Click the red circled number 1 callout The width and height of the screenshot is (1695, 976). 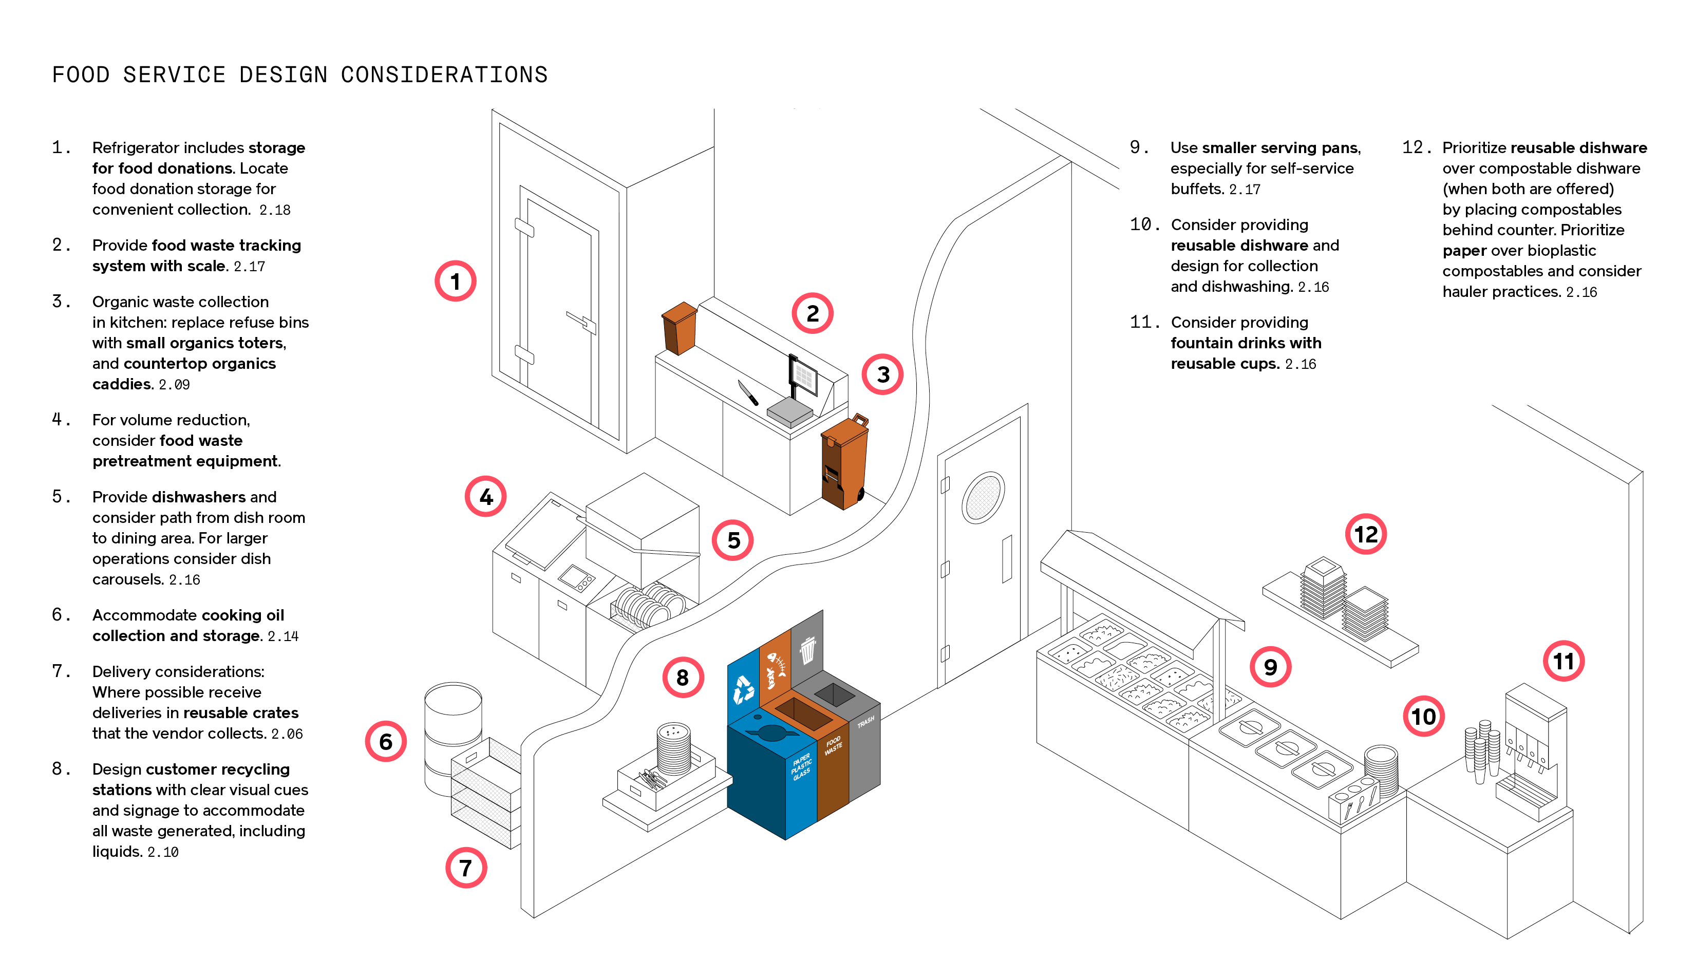455,281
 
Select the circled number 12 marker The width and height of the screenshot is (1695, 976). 1365,534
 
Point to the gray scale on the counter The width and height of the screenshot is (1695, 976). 789,411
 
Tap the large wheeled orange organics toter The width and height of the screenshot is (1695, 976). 844,462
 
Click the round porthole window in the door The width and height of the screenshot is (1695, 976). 983,497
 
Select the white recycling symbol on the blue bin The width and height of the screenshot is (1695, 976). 743,689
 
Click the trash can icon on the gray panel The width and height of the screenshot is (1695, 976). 807,649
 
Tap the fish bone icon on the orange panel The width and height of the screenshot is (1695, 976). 776,668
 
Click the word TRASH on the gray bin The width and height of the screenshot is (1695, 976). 865,722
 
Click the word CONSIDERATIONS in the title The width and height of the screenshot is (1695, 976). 444,75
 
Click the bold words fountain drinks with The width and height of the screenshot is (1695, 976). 1245,343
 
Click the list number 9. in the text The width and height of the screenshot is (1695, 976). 1139,147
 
